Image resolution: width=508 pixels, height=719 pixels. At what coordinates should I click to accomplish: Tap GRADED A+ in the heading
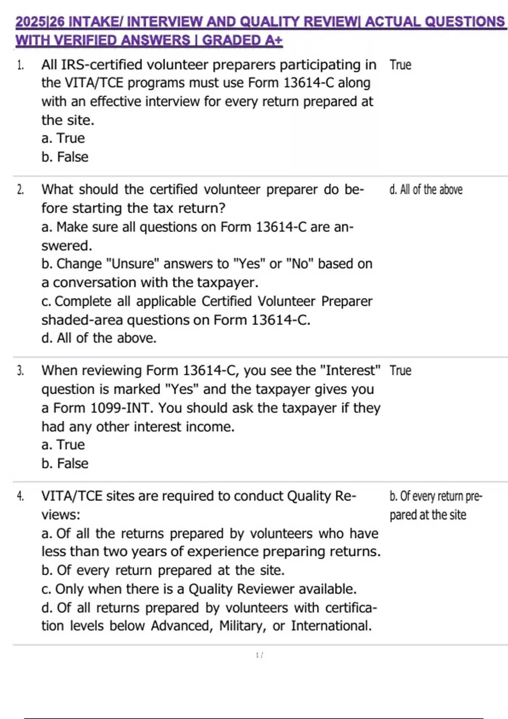coord(242,41)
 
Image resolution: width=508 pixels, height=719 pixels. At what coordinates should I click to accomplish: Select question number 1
coord(20,65)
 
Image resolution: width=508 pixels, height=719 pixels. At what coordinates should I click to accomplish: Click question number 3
coord(20,371)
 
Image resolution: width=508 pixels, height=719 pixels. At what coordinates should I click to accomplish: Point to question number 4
coord(20,496)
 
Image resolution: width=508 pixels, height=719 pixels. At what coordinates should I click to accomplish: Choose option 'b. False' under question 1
coord(65,157)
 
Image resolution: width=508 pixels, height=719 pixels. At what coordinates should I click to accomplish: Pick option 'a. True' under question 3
coord(63,445)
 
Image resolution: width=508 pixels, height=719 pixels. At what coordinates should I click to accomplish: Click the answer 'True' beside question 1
coord(400,65)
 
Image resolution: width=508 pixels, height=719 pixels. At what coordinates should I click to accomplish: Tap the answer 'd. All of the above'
coord(425,190)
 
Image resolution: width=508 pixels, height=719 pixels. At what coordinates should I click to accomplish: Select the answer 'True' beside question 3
coord(400,371)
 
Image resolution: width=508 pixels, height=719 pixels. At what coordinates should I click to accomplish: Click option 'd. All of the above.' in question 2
coord(99,338)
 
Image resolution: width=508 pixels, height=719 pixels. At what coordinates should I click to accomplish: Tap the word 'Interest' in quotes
coord(350,371)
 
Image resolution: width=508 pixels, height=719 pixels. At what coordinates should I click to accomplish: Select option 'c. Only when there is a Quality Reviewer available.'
coord(199,589)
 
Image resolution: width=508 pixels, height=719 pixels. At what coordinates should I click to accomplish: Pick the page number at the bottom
coord(259,655)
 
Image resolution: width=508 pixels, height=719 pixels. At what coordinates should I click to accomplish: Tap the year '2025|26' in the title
coord(40,22)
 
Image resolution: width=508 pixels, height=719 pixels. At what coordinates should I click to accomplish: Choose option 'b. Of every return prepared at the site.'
coord(163,571)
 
